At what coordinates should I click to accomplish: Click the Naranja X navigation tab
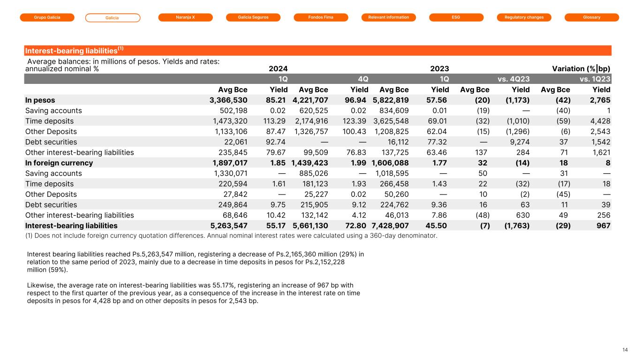(185, 17)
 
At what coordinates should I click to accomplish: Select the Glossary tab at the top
(592, 17)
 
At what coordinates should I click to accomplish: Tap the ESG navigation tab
(456, 17)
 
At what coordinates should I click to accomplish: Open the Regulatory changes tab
(524, 17)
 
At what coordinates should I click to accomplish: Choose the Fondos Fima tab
(321, 17)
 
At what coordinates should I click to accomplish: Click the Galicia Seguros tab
(253, 17)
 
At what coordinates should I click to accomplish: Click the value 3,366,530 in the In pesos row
(228, 100)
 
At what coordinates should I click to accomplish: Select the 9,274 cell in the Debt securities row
(519, 142)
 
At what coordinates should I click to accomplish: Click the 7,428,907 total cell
(390, 226)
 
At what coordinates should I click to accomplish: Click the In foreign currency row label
(59, 163)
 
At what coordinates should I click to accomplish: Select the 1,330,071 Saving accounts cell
(228, 173)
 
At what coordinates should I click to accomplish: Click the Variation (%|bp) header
(581, 68)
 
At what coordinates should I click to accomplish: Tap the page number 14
(625, 350)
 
